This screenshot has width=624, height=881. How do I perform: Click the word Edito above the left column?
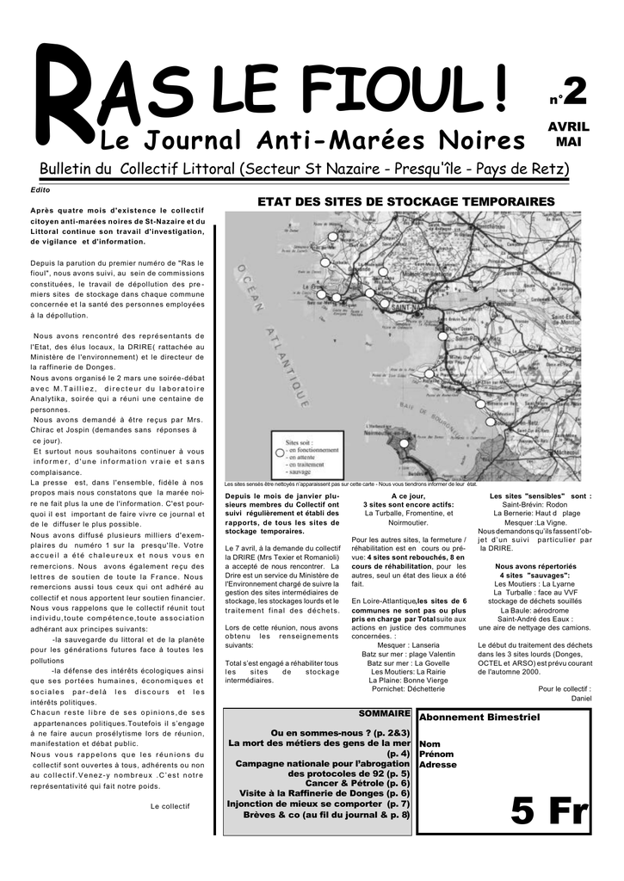40,189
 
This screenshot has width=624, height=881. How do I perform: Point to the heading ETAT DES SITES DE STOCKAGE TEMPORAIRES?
407,201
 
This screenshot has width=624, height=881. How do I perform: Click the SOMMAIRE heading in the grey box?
384,714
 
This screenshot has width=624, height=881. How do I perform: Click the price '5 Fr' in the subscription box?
548,810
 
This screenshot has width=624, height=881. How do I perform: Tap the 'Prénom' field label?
436,754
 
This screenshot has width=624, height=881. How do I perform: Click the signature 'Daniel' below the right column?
581,698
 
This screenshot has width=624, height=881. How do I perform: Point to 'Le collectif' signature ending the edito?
170,806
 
